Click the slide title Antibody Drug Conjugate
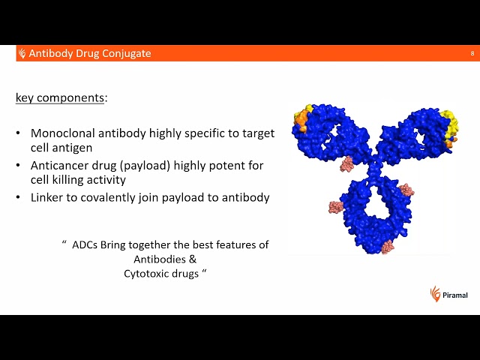tap(89, 53)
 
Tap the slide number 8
tap(472, 53)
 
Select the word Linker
tap(47, 197)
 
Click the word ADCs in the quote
tap(85, 245)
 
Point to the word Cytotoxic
tap(149, 274)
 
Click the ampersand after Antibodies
tap(193, 259)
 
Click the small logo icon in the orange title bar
tap(22, 53)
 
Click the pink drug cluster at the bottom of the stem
tap(388, 246)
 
